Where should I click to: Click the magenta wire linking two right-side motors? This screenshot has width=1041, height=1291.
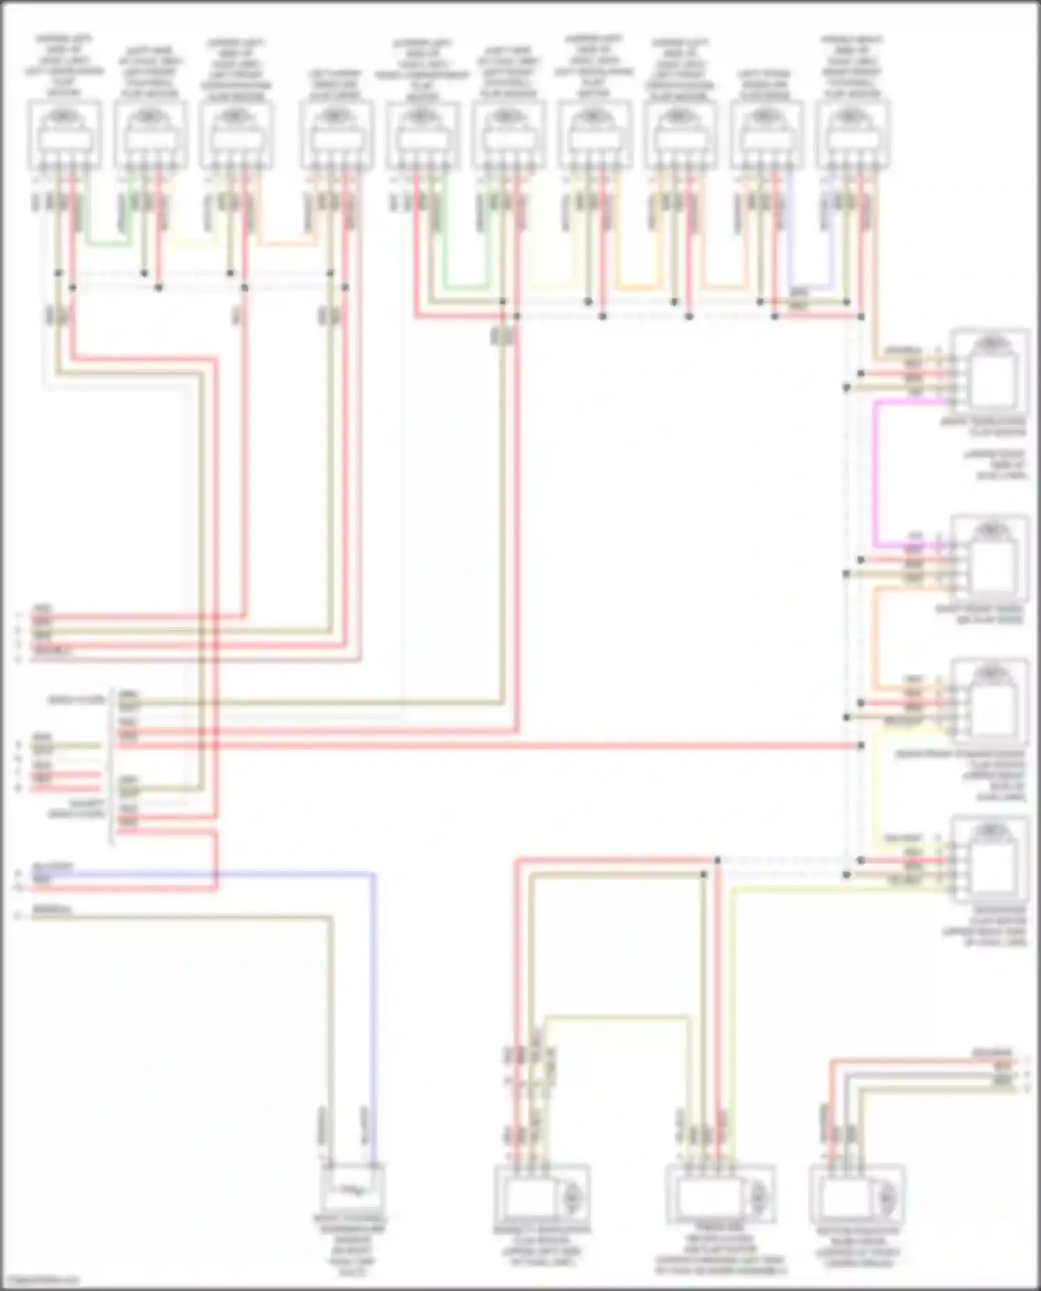876,472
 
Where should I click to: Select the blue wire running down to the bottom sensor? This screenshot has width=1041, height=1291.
374,1006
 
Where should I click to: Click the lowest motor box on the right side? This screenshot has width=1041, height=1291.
990,860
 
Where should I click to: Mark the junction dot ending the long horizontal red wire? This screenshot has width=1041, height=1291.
861,746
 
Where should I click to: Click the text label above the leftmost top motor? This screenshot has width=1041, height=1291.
64,66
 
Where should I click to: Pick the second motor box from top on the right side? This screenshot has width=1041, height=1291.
990,558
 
